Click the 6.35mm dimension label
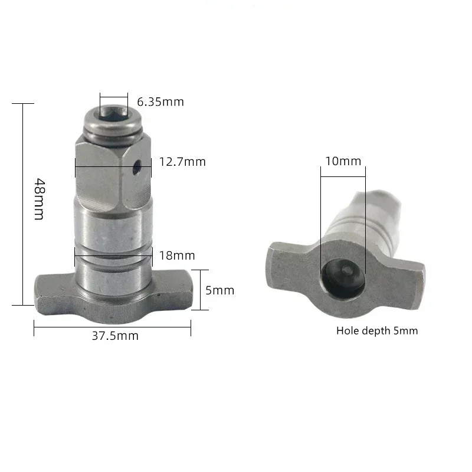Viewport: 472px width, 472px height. tap(160, 102)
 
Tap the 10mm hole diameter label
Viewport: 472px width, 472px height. tap(343, 161)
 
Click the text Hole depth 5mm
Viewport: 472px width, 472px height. tap(377, 330)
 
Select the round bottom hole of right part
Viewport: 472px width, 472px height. tap(343, 274)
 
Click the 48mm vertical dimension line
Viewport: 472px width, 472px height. tap(24, 204)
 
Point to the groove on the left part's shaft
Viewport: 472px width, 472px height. tap(113, 257)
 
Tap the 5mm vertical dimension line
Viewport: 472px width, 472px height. tap(202, 290)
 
